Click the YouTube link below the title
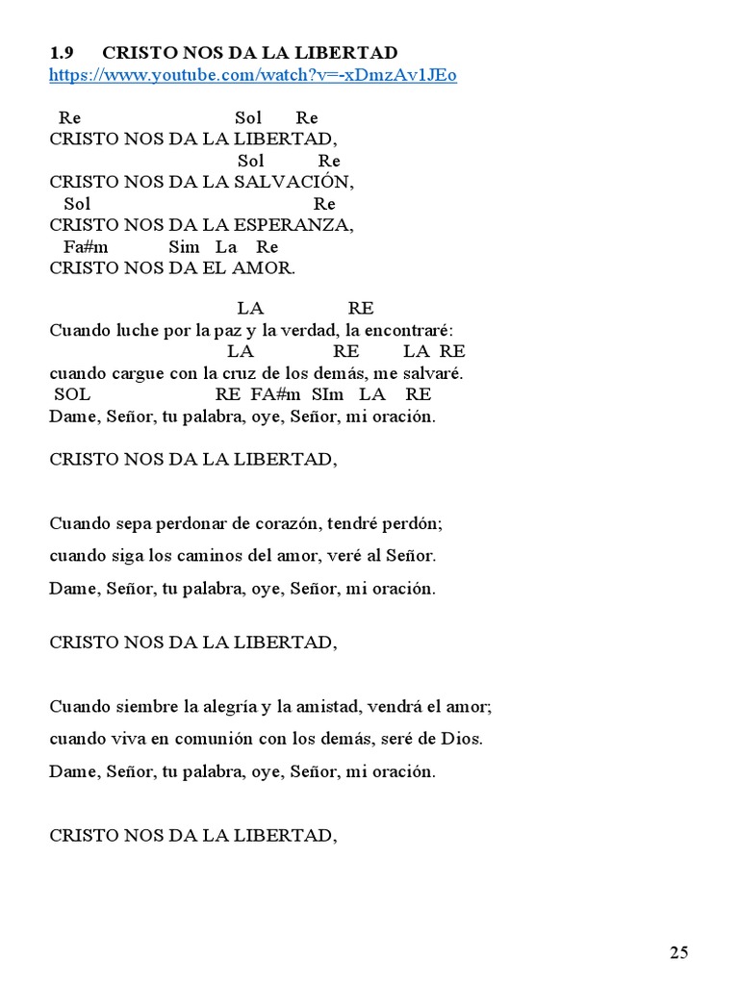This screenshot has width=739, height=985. point(253,75)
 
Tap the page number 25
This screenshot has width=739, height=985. point(679,953)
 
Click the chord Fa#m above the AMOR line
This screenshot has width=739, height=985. point(86,247)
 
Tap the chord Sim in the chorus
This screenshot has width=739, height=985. point(184,247)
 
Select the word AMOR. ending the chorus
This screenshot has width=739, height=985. point(268,268)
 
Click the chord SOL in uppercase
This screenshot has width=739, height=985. point(72,394)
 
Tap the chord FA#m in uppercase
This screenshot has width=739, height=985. point(276,394)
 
